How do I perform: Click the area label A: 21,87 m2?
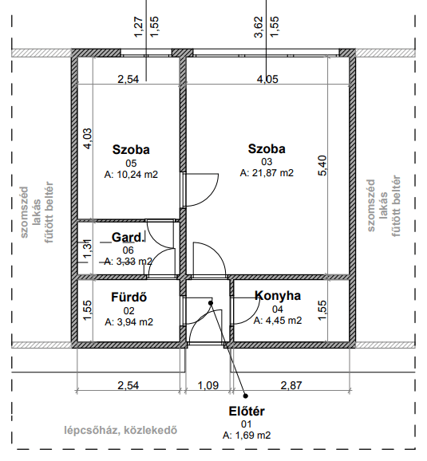coord(267,172)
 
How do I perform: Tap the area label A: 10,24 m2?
coord(131,175)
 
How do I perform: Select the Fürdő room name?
coord(128,297)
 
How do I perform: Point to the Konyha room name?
coord(278,295)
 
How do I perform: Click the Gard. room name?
coord(128,237)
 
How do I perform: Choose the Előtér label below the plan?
coord(247,411)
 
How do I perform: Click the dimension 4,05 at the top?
coord(267,79)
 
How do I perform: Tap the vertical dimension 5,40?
coord(322,166)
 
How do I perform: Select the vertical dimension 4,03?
coord(88,139)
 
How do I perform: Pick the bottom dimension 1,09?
coord(208,385)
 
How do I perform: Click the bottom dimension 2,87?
coord(291,385)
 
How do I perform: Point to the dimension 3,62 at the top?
coord(259,27)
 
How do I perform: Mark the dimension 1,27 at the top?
coord(139,27)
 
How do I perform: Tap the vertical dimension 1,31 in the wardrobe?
coord(88,249)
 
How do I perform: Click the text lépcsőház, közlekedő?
coord(121,430)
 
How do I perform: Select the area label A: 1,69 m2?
coord(247,435)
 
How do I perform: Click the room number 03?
coord(267,161)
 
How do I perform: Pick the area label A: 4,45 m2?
coord(278,320)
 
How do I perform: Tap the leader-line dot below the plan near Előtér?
coord(246,396)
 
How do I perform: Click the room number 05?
coord(131,164)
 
